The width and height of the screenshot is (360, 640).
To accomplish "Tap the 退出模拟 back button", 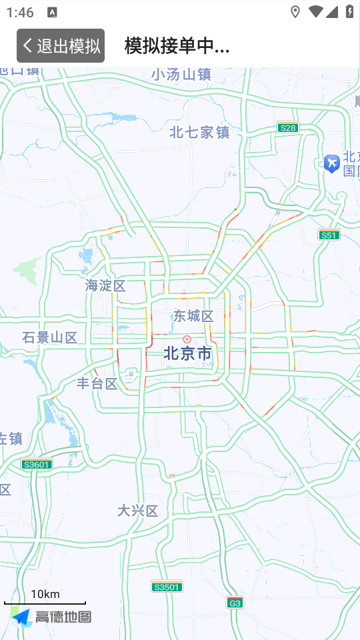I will click(61, 45).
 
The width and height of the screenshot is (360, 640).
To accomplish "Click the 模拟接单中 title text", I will click(177, 45).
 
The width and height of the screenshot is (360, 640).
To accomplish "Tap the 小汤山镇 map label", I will click(181, 75).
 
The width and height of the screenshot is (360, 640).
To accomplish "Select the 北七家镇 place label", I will click(199, 132).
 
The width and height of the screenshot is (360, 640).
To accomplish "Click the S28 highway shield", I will click(288, 127).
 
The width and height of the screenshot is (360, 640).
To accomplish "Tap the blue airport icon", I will click(331, 162).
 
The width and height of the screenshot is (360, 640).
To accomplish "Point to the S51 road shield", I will click(329, 235).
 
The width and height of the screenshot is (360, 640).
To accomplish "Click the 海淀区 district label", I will click(105, 285).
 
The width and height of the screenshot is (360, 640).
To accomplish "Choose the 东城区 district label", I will click(193, 316).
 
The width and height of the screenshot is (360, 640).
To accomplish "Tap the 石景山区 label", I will click(49, 337).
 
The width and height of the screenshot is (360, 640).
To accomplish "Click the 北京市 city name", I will click(187, 353).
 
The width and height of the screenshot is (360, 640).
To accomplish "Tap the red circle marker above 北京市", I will click(187, 339).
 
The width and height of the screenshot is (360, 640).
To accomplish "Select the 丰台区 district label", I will click(97, 383).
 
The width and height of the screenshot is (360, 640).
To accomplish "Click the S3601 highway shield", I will click(37, 464).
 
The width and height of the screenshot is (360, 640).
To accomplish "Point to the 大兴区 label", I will click(137, 511).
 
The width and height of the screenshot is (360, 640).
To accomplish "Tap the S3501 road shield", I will click(167, 587).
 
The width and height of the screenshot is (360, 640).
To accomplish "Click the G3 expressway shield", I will click(234, 603).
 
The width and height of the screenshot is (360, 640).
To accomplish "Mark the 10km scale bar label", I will click(45, 594).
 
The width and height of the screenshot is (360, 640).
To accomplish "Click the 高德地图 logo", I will click(51, 617).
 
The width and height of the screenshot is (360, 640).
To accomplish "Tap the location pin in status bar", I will click(295, 12).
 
